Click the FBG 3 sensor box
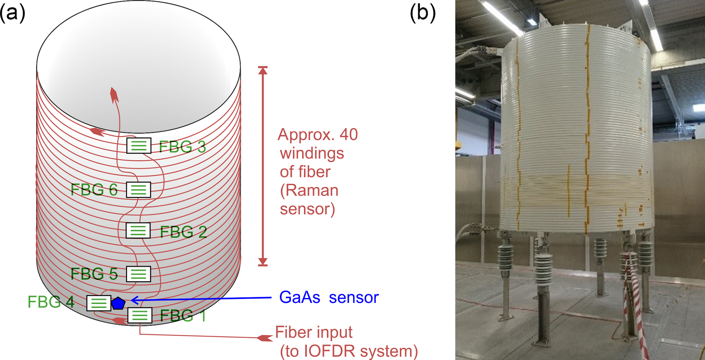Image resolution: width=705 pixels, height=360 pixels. pos(139,146)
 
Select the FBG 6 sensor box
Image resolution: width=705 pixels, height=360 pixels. pos(138,190)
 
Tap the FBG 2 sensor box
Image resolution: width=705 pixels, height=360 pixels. pos(138,231)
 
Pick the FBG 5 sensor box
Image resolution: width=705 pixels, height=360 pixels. pos(138,274)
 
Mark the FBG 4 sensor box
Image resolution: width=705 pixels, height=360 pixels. pos(99,303)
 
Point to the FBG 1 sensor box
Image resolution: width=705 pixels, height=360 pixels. pos(140,316)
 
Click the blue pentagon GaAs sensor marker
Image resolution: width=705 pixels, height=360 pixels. pos(118,303)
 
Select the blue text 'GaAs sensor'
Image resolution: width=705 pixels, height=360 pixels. pos(328,297)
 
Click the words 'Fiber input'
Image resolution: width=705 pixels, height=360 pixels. pos(314,332)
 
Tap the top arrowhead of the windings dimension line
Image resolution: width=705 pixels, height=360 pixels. pos(263,70)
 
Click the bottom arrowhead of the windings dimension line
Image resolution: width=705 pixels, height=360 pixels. pos(263,262)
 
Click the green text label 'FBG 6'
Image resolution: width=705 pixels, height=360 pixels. pos(94,190)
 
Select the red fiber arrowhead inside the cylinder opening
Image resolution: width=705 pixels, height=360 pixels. pos(114,95)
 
